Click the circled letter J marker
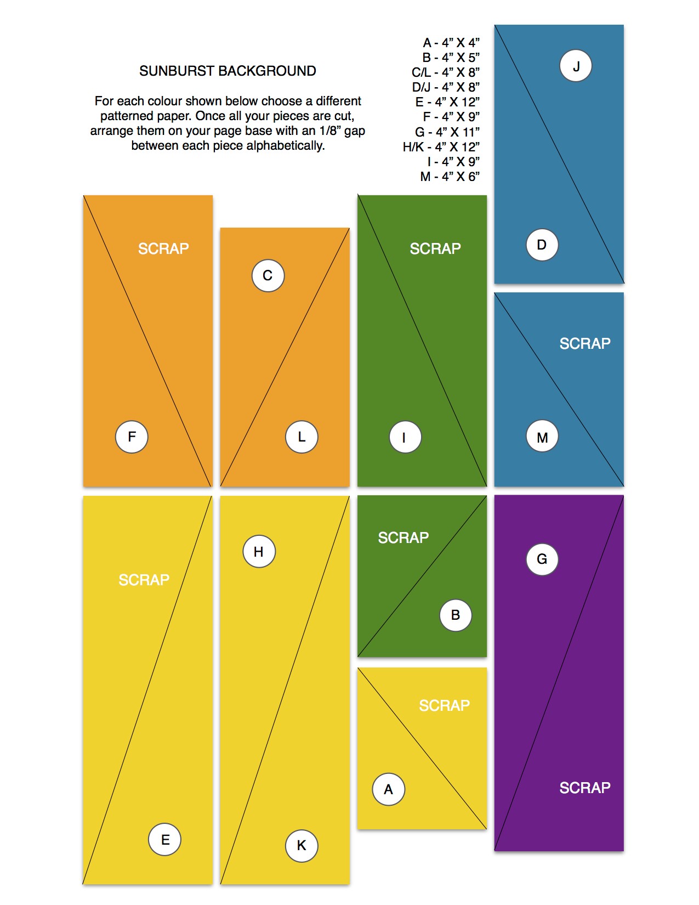576,66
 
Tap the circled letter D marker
542,245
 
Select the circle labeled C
268,276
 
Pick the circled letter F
132,437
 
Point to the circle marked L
302,437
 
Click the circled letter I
405,437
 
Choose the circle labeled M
542,437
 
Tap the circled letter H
259,551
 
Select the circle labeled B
456,615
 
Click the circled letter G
542,559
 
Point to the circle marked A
389,789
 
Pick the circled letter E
165,839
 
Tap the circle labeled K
302,845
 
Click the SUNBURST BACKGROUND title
228,71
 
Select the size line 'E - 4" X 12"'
447,102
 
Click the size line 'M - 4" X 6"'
450,177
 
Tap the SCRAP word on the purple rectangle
585,788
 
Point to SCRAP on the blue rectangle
585,343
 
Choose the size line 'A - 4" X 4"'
451,42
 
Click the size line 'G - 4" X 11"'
447,132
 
